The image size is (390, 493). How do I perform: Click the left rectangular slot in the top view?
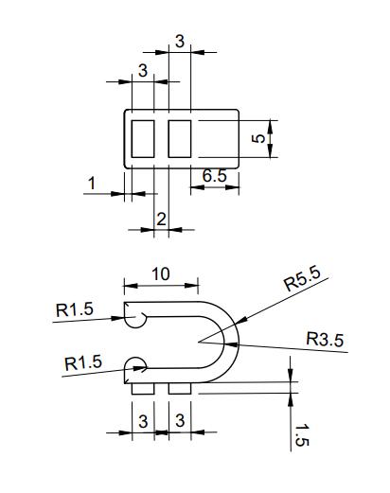tap(143, 138)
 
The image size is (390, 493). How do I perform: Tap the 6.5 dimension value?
tap(214, 176)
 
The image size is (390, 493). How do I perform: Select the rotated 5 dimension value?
tap(258, 138)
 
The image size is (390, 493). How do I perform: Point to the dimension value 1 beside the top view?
tap(92, 183)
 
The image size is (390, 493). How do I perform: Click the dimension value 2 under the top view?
tap(161, 219)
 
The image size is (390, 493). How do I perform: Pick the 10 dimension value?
tap(161, 273)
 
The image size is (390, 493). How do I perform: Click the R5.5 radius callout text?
tap(302, 280)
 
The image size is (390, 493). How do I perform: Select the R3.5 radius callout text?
tap(325, 339)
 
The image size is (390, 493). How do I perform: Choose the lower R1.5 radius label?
tap(82, 362)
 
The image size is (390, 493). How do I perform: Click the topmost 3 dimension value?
tap(179, 41)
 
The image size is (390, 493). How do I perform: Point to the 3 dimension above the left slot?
tap(142, 71)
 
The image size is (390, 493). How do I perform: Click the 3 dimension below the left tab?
tap(142, 421)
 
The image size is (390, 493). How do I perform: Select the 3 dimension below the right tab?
tap(179, 421)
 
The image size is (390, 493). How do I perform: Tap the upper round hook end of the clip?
tap(134, 316)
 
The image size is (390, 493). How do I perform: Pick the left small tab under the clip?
tap(142, 389)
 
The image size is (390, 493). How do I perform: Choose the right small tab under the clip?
tap(179, 389)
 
